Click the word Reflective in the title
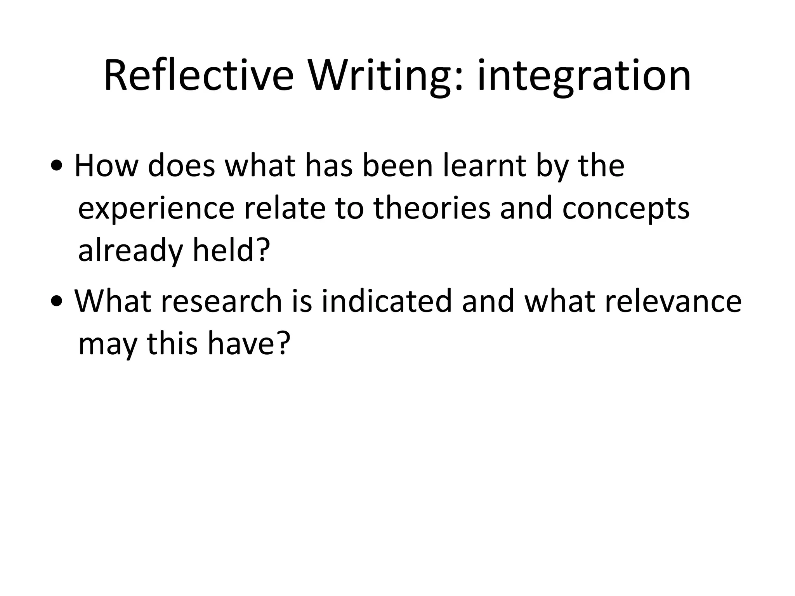[198, 76]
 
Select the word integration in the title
[584, 76]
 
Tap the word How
[106, 166]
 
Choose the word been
[397, 166]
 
